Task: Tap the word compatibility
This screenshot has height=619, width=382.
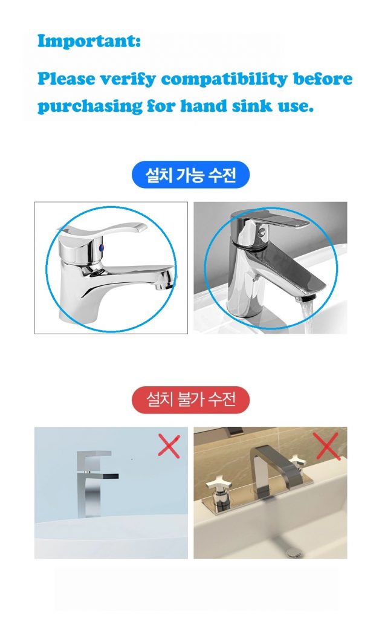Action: [224, 79]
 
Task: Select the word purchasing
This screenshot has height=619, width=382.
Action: [89, 106]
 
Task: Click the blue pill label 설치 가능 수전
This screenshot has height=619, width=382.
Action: [190, 175]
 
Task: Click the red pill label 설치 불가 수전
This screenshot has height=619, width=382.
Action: [190, 400]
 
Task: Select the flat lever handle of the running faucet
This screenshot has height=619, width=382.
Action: [276, 219]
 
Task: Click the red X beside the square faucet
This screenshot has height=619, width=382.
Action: [169, 446]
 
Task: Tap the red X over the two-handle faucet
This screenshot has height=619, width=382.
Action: [328, 446]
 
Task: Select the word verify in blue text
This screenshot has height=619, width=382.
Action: [127, 79]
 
